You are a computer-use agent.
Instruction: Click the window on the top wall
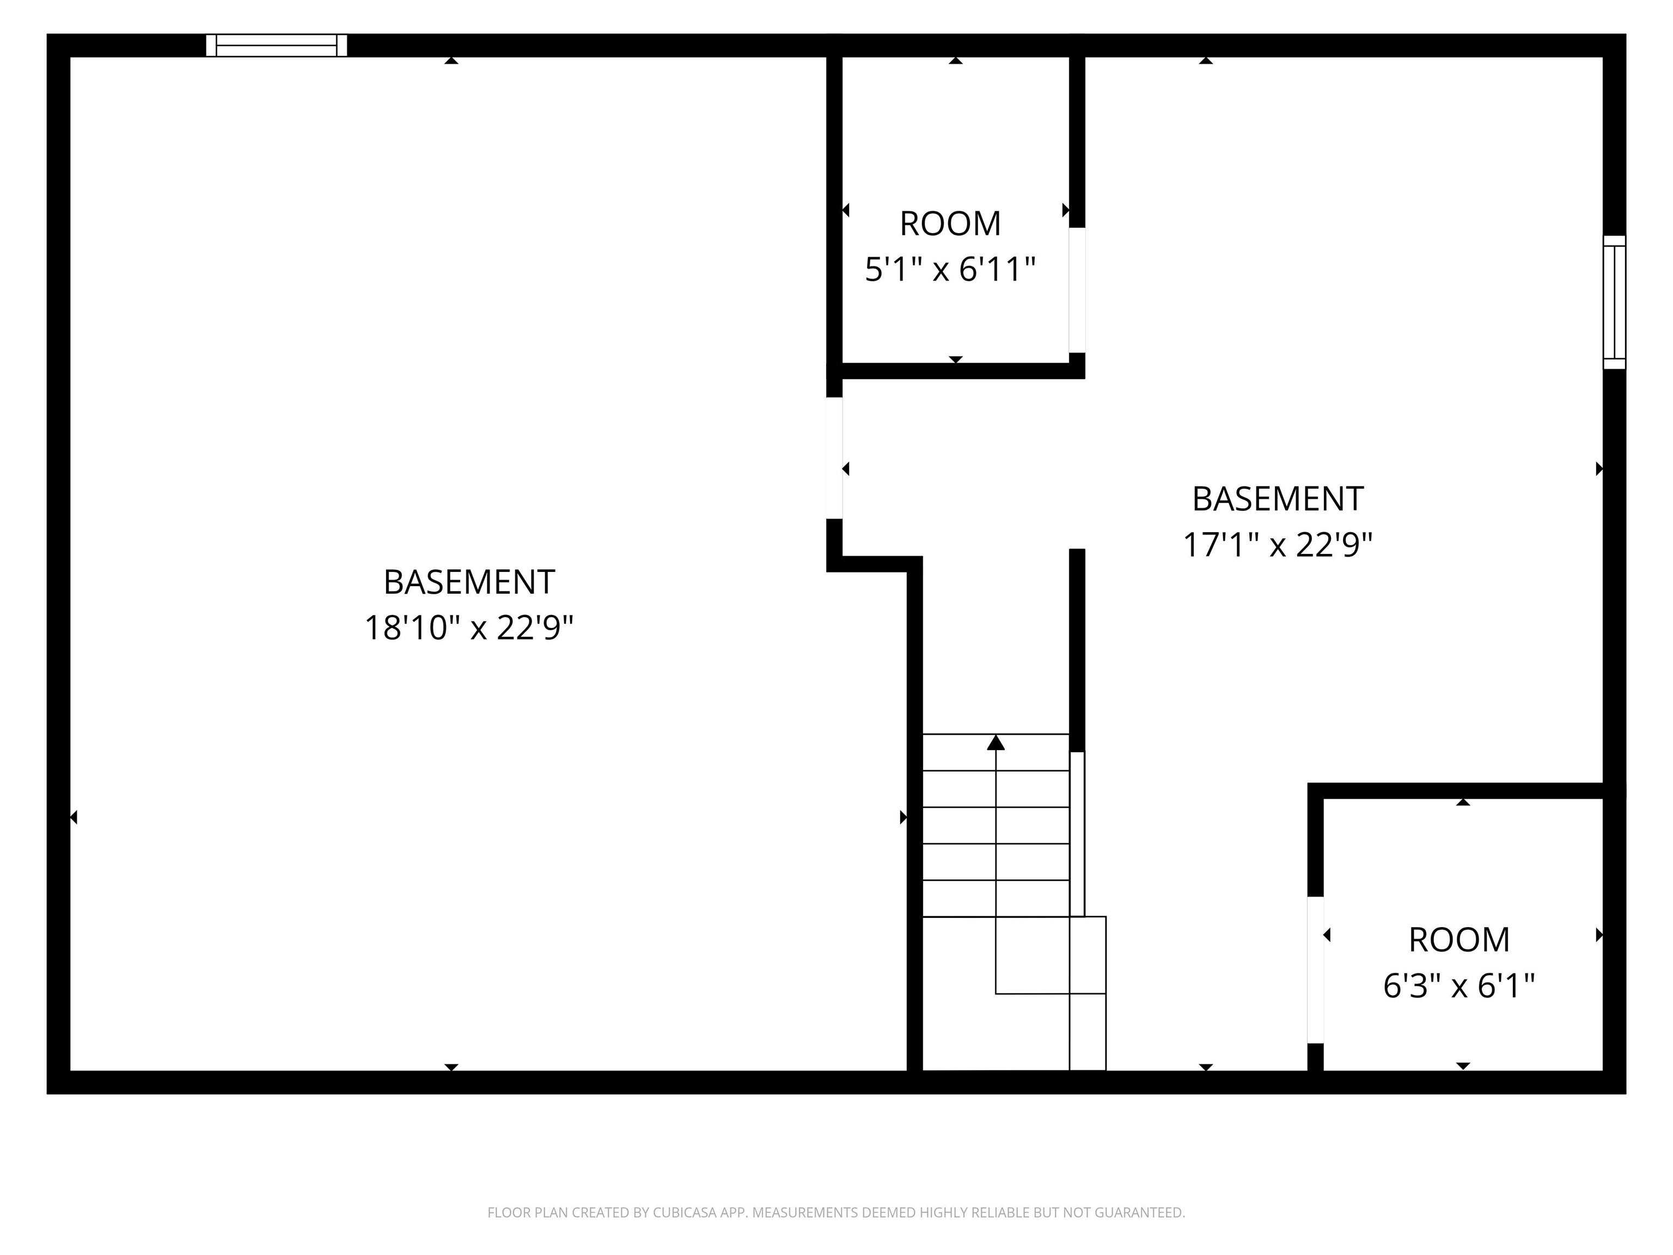[276, 45]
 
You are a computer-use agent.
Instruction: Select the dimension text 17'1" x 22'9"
[1278, 545]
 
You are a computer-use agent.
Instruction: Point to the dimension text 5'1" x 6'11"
[950, 269]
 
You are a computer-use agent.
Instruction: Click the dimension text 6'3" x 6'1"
[1459, 986]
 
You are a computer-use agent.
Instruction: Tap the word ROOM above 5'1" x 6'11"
[950, 224]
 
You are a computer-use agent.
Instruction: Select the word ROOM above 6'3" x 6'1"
[1459, 940]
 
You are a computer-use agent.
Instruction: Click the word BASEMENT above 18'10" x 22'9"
[469, 582]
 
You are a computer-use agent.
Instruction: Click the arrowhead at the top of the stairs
[996, 743]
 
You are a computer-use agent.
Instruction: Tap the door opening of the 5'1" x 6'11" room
[1077, 290]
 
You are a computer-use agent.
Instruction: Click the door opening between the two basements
[834, 458]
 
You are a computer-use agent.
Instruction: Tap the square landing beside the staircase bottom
[1088, 955]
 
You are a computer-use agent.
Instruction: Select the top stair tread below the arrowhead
[996, 753]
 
